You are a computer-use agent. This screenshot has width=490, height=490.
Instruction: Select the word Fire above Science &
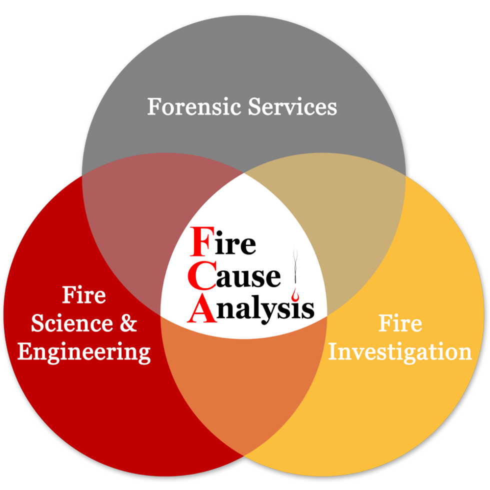[x=84, y=295]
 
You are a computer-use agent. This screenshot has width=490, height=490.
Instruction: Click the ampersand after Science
[x=128, y=323]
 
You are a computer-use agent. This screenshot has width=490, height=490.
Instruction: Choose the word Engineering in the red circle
[x=84, y=352]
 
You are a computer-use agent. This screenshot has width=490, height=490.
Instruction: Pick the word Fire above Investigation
[x=400, y=323]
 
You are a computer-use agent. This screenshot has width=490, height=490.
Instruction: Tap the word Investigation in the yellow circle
[x=400, y=352]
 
